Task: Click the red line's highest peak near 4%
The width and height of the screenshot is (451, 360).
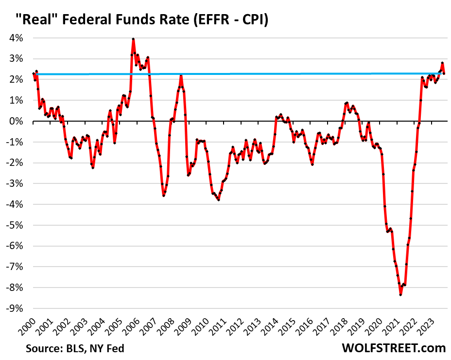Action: tap(133, 39)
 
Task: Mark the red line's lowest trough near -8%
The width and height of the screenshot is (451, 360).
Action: tap(400, 294)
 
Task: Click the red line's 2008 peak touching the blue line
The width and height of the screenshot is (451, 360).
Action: tap(181, 75)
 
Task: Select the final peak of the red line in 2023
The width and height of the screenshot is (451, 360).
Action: tap(442, 63)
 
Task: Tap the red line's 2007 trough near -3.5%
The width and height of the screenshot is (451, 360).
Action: tap(164, 196)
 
